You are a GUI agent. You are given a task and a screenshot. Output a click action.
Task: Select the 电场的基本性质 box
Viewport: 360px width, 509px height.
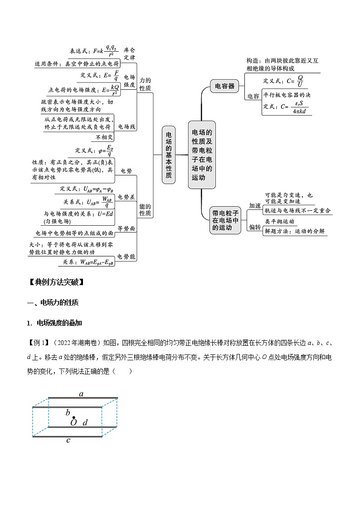(x=169, y=155)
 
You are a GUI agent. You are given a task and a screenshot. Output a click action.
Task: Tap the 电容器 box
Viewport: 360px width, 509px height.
(x=225, y=86)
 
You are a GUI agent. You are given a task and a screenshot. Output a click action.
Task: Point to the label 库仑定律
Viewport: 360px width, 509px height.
(x=130, y=54)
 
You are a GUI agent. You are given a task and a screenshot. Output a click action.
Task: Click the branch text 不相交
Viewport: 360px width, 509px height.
(x=104, y=137)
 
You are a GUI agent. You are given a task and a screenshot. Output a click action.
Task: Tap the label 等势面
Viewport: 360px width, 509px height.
(x=126, y=228)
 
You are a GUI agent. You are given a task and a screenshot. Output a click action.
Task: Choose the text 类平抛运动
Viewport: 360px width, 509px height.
(x=280, y=222)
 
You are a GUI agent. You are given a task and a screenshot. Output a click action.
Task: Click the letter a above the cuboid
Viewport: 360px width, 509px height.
(x=81, y=393)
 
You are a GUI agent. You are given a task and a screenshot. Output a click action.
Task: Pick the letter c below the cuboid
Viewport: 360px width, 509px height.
(x=68, y=440)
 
